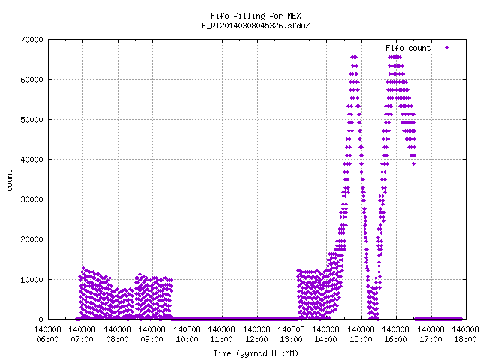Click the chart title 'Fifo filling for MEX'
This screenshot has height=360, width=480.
pyautogui.click(x=256, y=16)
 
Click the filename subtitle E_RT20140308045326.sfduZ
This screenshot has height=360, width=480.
pyautogui.click(x=256, y=25)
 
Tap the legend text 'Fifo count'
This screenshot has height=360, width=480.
pyautogui.click(x=408, y=48)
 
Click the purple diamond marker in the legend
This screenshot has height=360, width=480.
pyautogui.click(x=447, y=48)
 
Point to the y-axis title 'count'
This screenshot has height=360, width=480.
pyautogui.click(x=9, y=181)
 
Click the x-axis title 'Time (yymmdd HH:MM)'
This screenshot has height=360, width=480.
pyautogui.click(x=256, y=353)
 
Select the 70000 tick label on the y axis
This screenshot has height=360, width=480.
pyautogui.click(x=31, y=40)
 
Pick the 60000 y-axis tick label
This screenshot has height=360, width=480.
pyautogui.click(x=31, y=79)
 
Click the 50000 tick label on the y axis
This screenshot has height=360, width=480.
pyautogui.click(x=31, y=120)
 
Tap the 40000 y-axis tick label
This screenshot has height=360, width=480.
pyautogui.click(x=31, y=160)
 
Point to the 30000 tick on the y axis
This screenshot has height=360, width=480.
pyautogui.click(x=31, y=199)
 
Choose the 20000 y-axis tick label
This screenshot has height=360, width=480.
pyautogui.click(x=31, y=239)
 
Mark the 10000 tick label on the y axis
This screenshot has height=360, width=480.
pyautogui.click(x=31, y=280)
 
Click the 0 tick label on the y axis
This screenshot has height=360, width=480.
pyautogui.click(x=40, y=319)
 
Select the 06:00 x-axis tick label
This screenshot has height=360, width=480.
pyautogui.click(x=47, y=339)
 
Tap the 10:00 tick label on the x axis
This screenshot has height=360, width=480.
pyautogui.click(x=187, y=339)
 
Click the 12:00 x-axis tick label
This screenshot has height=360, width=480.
pyautogui.click(x=256, y=339)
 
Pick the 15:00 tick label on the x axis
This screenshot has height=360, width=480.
pyautogui.click(x=361, y=339)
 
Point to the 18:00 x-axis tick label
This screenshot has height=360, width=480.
pyautogui.click(x=465, y=339)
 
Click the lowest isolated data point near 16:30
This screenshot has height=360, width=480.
pyautogui.click(x=413, y=164)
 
